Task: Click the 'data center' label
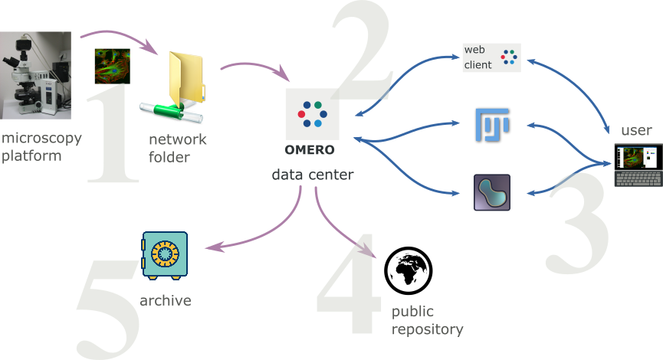point(313,175)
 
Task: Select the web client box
point(491,57)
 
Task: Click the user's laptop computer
point(638,165)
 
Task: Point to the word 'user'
point(635,130)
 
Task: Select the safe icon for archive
point(164,254)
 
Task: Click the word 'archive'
point(165,300)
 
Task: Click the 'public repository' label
point(427,321)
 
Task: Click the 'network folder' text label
point(178,148)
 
